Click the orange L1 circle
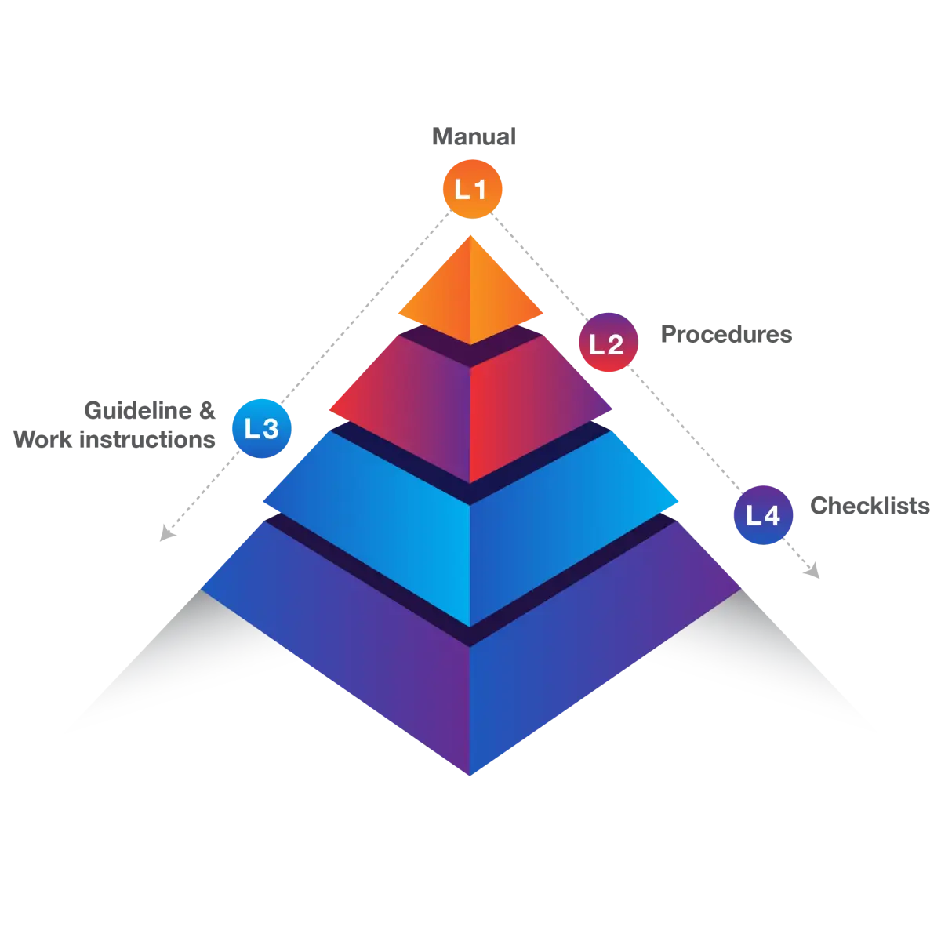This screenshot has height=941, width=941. (x=470, y=190)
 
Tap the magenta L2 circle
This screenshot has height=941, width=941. (x=607, y=343)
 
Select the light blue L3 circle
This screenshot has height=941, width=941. (x=261, y=428)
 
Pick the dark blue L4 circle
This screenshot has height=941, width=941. (x=763, y=515)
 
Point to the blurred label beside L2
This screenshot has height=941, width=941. (x=726, y=335)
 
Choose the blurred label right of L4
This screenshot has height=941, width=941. (x=870, y=506)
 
